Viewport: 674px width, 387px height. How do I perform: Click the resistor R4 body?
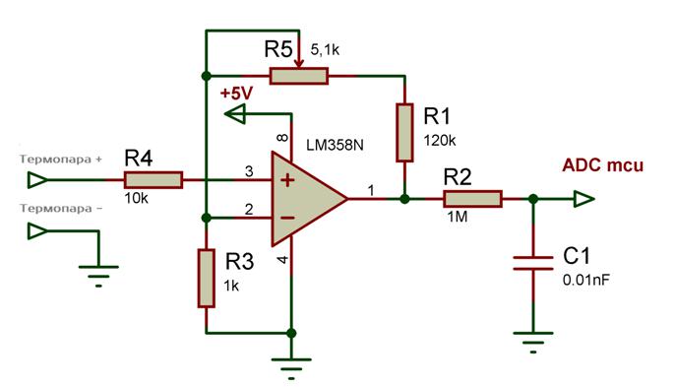click(153, 180)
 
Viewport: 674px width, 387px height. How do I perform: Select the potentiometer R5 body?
click(299, 76)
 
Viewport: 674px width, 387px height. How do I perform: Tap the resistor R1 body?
click(404, 132)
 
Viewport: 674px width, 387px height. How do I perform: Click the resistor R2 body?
click(472, 199)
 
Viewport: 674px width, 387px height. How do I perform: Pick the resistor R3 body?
click(206, 279)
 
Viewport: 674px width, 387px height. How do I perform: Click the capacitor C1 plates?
click(532, 263)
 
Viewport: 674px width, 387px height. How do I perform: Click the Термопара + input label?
click(60, 158)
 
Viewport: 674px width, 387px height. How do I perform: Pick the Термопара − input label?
click(60, 209)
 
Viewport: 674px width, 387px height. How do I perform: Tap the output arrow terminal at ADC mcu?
click(583, 199)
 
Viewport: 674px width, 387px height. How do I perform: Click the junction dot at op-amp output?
click(404, 199)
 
